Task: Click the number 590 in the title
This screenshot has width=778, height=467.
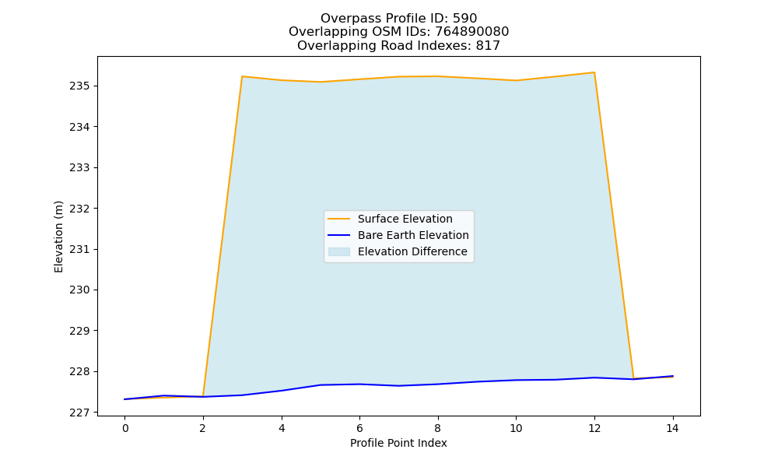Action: [x=464, y=19]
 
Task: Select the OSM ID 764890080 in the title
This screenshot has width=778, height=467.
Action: [x=472, y=32]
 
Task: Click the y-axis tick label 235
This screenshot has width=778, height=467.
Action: [x=79, y=86]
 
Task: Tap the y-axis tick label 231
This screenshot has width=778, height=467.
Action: [x=79, y=249]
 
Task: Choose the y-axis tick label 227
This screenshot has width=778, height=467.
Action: [x=79, y=413]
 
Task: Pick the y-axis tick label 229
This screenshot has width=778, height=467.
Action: [x=79, y=331]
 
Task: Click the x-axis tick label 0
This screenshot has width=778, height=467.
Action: [x=125, y=428]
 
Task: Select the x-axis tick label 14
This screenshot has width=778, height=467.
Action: [x=672, y=428]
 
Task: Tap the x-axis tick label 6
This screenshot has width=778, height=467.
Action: [x=359, y=428]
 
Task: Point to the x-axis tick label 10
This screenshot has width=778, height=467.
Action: [x=516, y=428]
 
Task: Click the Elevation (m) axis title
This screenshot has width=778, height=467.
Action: [x=58, y=237]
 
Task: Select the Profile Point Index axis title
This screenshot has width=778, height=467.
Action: [x=398, y=443]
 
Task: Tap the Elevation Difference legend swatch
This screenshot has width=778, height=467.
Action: [x=339, y=251]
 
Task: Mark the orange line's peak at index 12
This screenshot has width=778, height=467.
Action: [x=594, y=72]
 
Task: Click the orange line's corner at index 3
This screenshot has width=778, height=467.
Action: [x=242, y=76]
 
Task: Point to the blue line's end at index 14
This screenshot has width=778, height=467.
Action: [x=673, y=376]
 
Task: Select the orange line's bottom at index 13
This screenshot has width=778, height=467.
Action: [x=633, y=378]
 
